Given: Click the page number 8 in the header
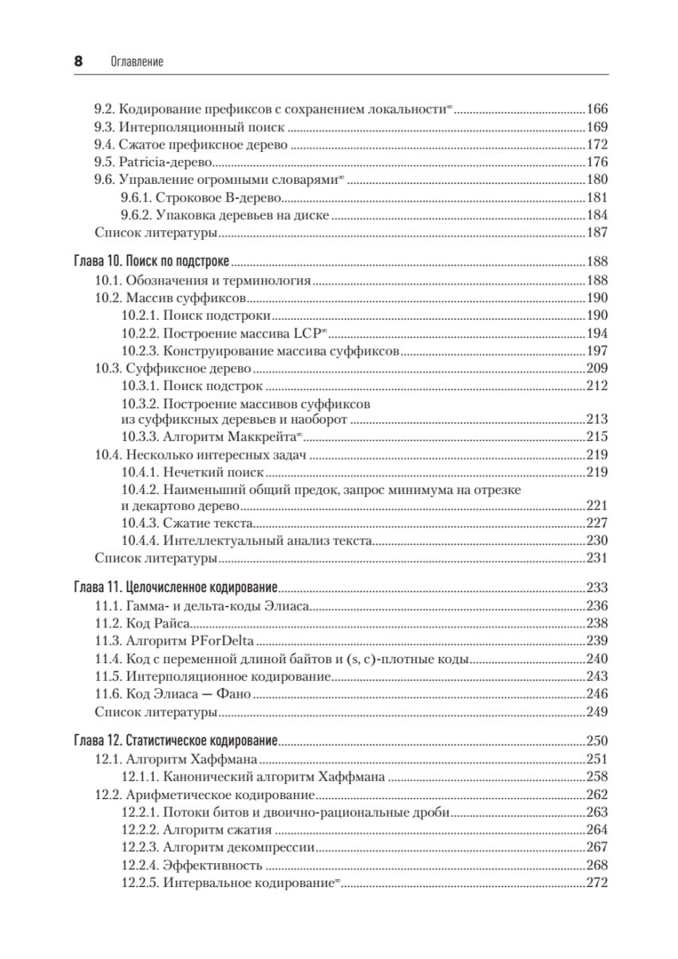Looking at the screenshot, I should click(x=78, y=62).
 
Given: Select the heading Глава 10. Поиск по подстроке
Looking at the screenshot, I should click(x=151, y=261).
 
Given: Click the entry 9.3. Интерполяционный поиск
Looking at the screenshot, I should click(x=189, y=126).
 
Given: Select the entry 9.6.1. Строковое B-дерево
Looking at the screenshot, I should click(x=202, y=197).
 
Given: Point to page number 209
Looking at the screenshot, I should click(x=597, y=369).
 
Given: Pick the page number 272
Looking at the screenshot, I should click(x=597, y=883).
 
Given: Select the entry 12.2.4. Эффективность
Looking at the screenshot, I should click(x=192, y=865).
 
